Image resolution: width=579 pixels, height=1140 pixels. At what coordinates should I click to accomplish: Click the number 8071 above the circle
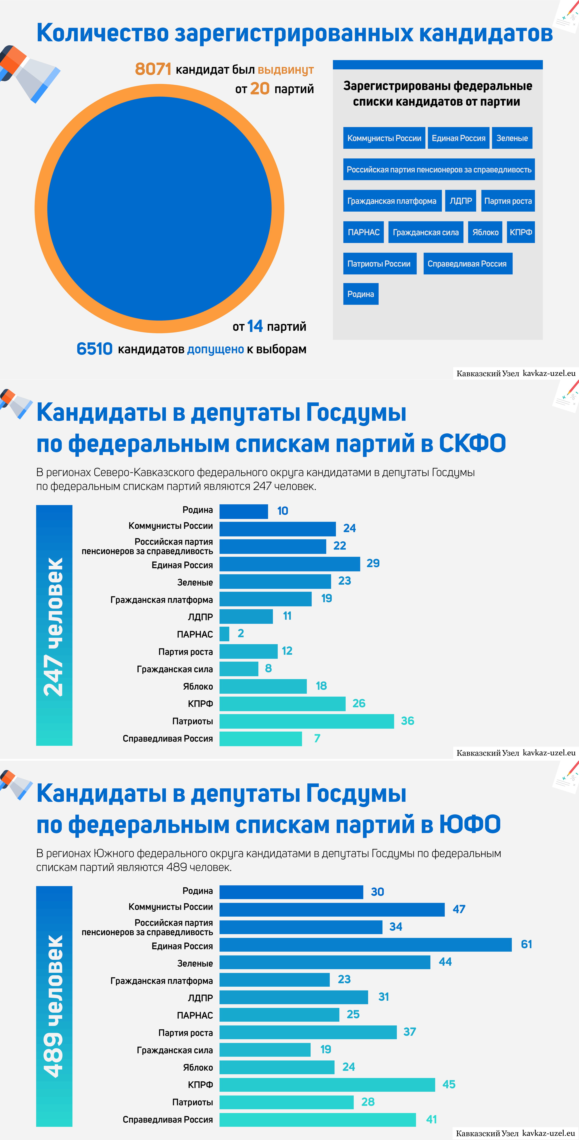153,69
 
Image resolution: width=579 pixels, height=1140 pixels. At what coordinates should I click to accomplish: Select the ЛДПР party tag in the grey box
461,201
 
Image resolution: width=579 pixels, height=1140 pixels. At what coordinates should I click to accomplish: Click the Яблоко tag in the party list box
485,232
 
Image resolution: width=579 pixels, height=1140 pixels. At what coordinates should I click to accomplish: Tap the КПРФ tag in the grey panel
521,232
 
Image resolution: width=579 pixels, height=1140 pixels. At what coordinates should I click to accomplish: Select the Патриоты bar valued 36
306,721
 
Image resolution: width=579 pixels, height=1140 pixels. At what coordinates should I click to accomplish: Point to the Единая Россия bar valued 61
366,944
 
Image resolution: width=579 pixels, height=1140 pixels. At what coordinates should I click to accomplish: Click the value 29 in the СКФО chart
373,563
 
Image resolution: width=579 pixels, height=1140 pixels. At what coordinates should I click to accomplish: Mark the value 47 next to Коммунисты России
459,909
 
